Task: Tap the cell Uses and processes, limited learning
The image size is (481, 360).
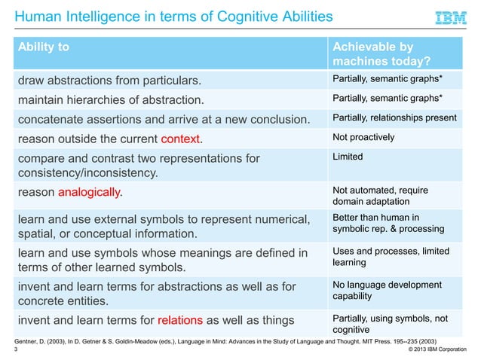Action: click(x=391, y=256)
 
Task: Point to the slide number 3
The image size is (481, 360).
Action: click(x=17, y=350)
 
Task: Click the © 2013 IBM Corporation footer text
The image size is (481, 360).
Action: click(x=440, y=350)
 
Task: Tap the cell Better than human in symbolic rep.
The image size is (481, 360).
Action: click(x=388, y=222)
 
